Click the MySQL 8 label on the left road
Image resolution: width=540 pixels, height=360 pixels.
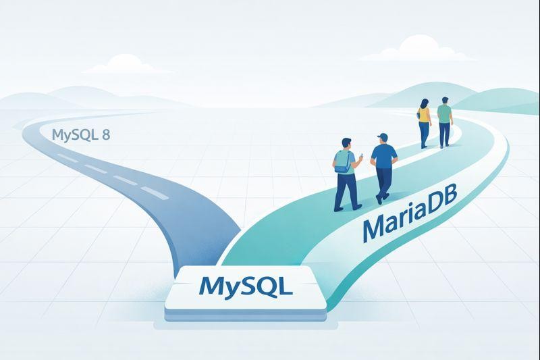80,134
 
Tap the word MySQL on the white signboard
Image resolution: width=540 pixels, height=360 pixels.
246,286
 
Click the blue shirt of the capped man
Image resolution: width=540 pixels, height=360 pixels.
383,157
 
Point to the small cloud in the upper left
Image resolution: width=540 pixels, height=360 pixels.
124,61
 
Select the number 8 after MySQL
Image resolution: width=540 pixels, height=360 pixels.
105,134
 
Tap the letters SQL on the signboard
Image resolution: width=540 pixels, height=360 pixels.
265,286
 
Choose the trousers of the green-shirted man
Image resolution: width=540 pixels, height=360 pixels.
444,134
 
